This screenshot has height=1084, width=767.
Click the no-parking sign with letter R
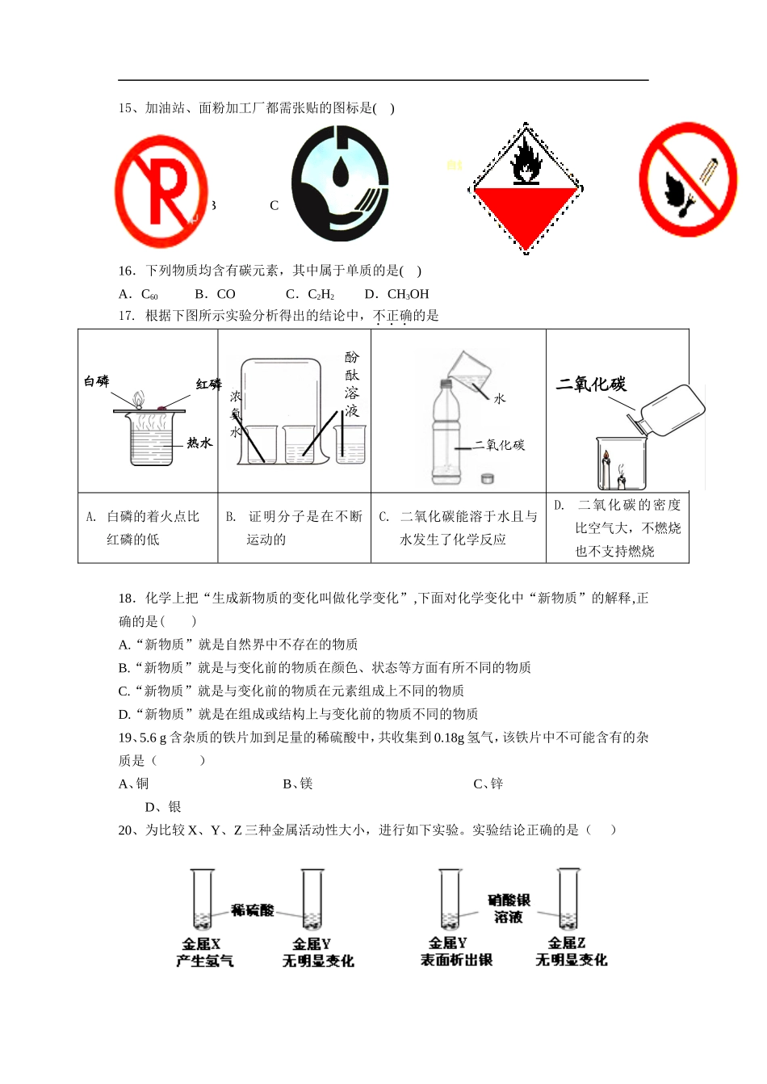coord(161,191)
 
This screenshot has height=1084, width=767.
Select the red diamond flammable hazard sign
coord(526,189)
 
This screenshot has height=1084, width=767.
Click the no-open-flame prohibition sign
coord(688,179)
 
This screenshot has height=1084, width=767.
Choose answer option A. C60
coord(139,295)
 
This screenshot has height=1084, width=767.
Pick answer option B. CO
coord(216,295)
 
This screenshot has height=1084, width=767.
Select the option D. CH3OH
coord(397,295)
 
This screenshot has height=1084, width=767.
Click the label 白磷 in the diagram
coord(97,381)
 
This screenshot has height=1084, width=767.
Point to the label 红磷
coord(208,384)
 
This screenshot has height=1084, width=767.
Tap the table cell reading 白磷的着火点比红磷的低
coord(148,527)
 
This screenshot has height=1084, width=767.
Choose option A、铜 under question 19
coord(134,784)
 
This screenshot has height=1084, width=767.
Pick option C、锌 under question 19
coord(488,784)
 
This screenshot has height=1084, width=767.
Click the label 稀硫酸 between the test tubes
coord(253,910)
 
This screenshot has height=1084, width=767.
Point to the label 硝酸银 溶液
coord(509,909)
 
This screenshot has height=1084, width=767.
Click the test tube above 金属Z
coord(568,899)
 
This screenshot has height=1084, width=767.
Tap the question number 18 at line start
coord(126,599)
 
